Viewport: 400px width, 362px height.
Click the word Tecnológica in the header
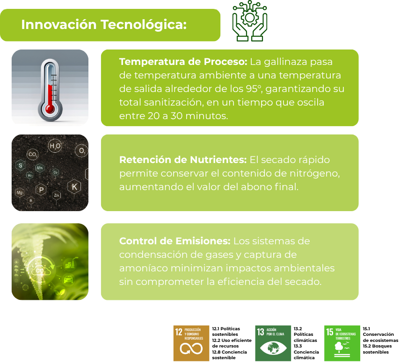coord(144,25)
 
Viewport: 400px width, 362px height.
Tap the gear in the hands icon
coord(250,18)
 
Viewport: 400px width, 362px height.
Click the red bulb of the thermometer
coord(50,109)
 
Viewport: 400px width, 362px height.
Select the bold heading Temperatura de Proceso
coord(183,62)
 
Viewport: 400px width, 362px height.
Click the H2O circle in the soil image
coord(55,146)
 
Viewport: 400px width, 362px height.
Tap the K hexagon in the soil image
coord(74,187)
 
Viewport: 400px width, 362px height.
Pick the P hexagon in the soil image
coord(41,190)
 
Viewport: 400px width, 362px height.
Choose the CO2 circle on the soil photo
coord(33,155)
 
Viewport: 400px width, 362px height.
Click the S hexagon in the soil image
coord(21,166)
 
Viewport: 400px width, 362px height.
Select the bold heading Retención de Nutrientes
coord(183,160)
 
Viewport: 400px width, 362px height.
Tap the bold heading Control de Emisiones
coord(175,241)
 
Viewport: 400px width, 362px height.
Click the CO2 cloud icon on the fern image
coord(40,270)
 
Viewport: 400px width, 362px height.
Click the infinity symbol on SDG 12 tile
coord(191,348)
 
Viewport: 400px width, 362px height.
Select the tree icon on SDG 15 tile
coord(339,347)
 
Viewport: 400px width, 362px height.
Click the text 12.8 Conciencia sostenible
coord(230,355)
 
